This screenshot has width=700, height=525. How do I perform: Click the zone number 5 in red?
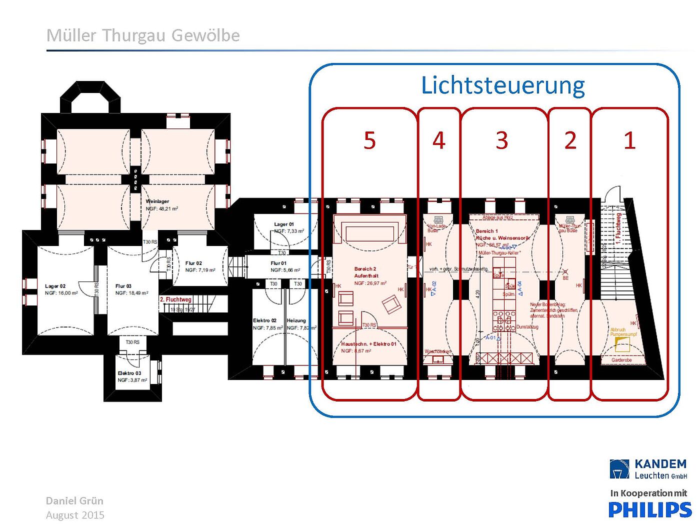[369, 140]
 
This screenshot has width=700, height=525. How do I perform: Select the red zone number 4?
[438, 140]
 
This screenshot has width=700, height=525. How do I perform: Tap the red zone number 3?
[502, 140]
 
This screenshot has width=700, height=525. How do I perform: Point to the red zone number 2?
[570, 140]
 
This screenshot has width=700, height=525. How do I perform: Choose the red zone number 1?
[629, 140]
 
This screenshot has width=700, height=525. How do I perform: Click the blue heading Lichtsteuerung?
[502, 85]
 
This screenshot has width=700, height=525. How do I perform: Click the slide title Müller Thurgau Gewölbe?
[143, 35]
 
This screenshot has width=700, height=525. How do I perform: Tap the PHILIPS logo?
[649, 509]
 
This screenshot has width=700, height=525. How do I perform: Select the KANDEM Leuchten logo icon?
[619, 469]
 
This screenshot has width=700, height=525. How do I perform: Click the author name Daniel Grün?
[74, 500]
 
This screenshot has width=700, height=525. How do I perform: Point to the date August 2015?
[75, 515]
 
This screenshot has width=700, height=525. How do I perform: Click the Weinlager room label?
[157, 201]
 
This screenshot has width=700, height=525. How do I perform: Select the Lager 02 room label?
[55, 286]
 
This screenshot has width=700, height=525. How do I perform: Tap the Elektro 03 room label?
[129, 373]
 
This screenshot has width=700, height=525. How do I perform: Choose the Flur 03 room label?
[123, 286]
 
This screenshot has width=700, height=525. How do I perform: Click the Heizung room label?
[296, 320]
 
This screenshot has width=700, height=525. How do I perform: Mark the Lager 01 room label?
[284, 224]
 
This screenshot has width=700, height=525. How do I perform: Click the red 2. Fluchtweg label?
[175, 299]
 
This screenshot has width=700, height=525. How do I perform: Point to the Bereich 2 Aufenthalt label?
[366, 272]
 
